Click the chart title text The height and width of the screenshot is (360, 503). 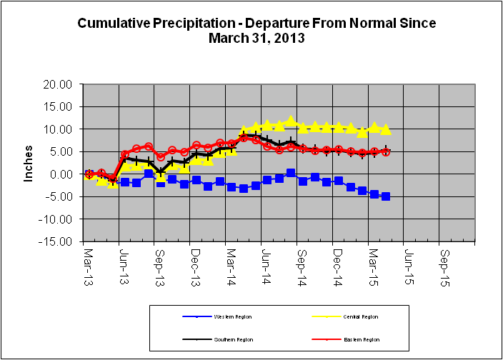(256, 30)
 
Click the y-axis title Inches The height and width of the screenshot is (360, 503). (29, 164)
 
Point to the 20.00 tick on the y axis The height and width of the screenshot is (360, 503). (58, 84)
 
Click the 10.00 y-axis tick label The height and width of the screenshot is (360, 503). (58, 129)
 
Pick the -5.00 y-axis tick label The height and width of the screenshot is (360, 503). (58, 196)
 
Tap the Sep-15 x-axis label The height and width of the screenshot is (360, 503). (444, 262)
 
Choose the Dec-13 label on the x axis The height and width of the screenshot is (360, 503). (195, 262)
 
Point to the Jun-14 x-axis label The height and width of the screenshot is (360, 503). (267, 262)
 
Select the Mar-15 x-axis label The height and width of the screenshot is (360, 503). (374, 262)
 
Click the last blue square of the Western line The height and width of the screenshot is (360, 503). (386, 196)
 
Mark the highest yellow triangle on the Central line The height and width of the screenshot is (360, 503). (291, 121)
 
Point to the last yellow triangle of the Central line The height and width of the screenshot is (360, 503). (386, 130)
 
